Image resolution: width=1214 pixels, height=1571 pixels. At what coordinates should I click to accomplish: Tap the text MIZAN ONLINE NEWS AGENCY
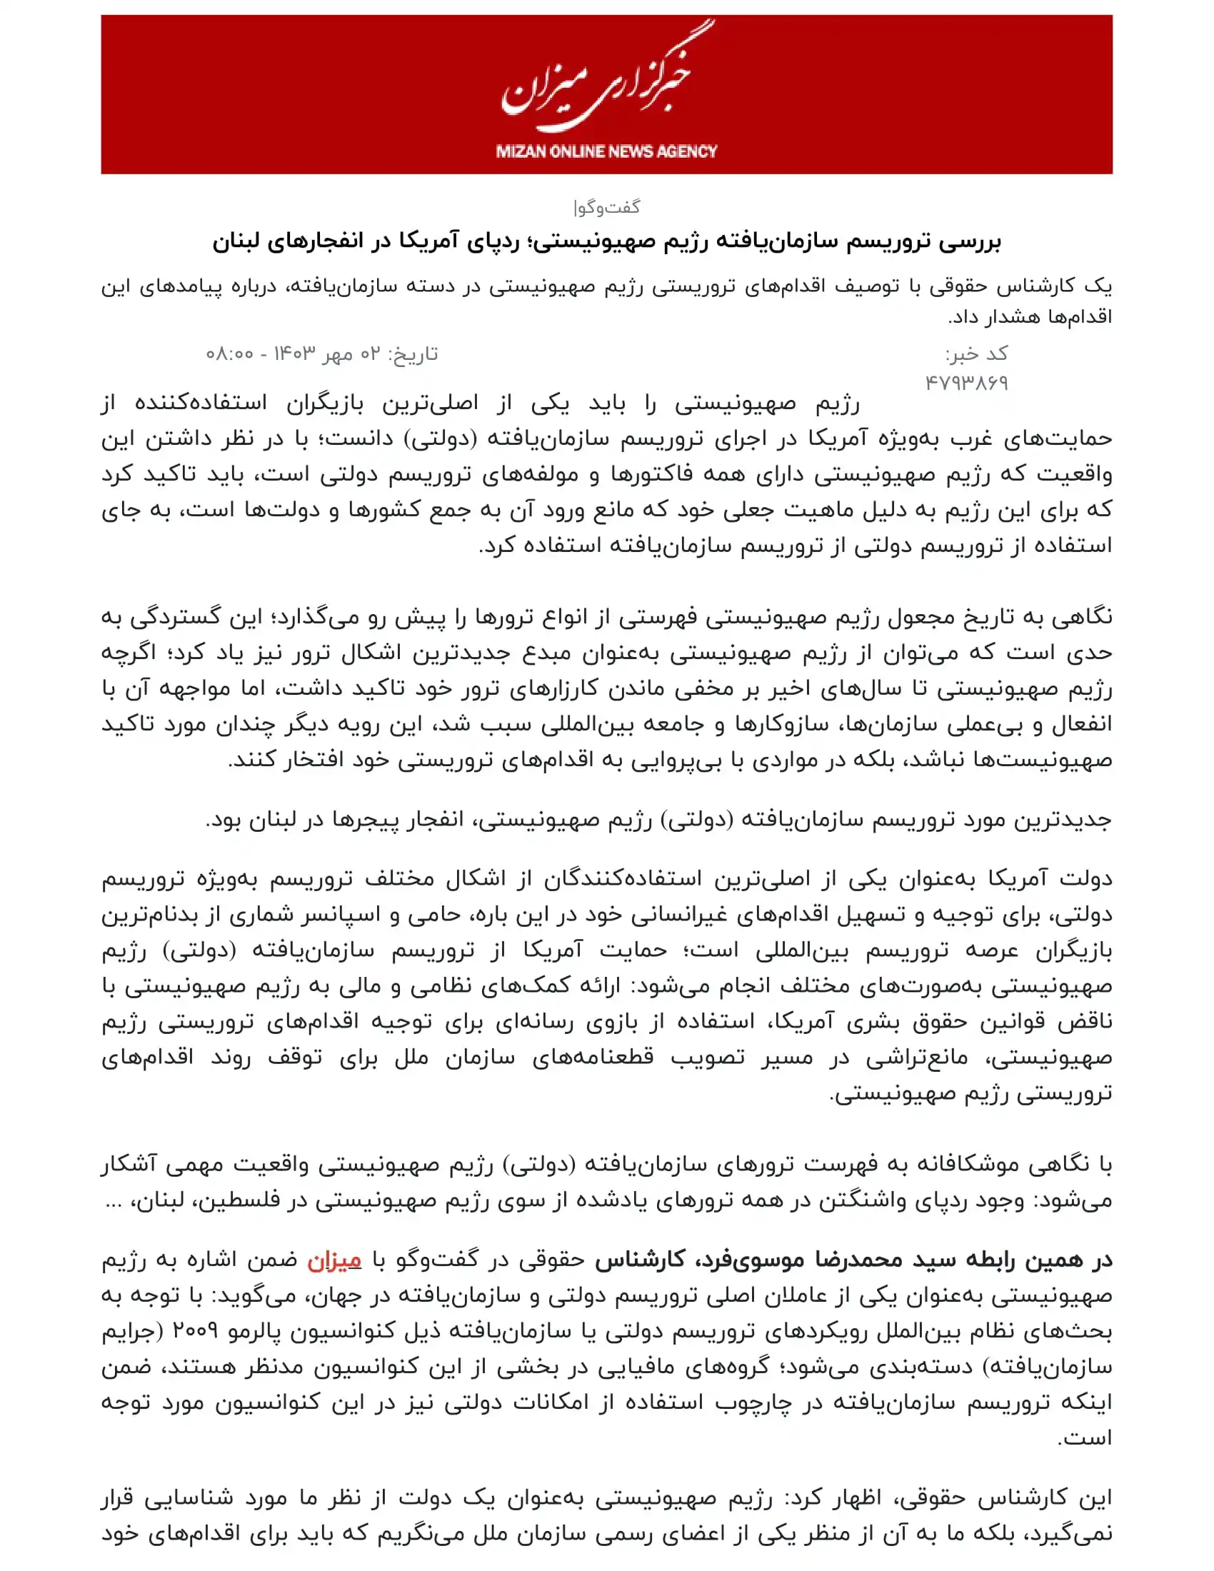tap(606, 151)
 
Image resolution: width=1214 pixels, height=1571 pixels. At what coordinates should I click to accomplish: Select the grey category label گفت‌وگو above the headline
tap(606, 207)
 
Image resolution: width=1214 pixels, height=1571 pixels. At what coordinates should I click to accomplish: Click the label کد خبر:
tap(976, 354)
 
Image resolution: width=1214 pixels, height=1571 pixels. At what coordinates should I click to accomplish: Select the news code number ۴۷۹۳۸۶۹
tap(967, 383)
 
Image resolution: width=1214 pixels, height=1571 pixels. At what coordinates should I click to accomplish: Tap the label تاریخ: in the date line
tap(413, 354)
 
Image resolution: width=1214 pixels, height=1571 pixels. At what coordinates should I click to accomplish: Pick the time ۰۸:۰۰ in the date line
tap(229, 354)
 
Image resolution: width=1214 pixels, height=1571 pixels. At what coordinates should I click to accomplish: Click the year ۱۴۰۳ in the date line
tap(295, 354)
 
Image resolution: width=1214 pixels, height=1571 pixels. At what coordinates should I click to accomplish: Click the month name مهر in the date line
tap(337, 354)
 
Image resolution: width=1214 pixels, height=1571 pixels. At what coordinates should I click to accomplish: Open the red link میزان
tap(334, 1260)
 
